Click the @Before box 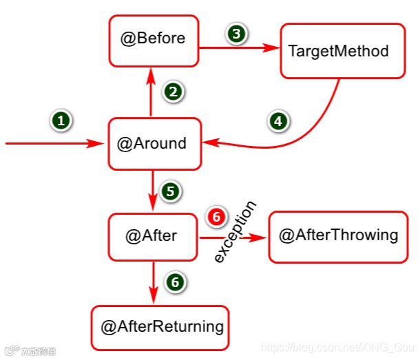pyautogui.click(x=153, y=39)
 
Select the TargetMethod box pyautogui.click(x=342, y=51)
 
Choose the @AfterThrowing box pyautogui.click(x=338, y=236)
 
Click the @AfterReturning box pyautogui.click(x=159, y=327)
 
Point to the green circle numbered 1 pyautogui.click(x=61, y=120)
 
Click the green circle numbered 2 pyautogui.click(x=174, y=91)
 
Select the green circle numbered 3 pyautogui.click(x=236, y=33)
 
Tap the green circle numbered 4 pyautogui.click(x=277, y=121)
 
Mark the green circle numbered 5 pyautogui.click(x=169, y=191)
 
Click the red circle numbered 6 pyautogui.click(x=217, y=217)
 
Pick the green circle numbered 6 pyautogui.click(x=176, y=282)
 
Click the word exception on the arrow pyautogui.click(x=235, y=232)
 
